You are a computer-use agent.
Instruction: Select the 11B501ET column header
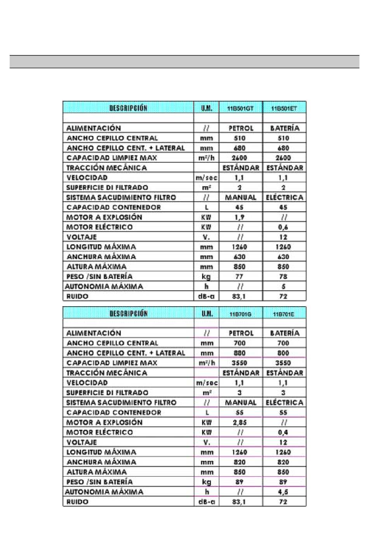284,109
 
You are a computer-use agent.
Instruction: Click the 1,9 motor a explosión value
240,217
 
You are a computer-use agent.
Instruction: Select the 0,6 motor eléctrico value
283,227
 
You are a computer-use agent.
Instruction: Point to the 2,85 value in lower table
240,422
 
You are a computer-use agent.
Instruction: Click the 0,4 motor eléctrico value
283,432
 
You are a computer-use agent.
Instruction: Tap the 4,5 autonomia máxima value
283,492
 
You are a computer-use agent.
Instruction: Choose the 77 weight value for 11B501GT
239,276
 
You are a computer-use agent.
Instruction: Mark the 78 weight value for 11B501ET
283,276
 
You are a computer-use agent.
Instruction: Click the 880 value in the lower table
240,353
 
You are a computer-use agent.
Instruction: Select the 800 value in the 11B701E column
283,353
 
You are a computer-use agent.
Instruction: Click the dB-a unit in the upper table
206,296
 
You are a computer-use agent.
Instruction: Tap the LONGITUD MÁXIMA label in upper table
101,247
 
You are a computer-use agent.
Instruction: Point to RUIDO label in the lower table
77,502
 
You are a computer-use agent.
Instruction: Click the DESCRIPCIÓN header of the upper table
128,108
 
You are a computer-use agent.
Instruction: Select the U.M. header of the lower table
207,314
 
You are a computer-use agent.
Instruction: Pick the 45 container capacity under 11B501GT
240,207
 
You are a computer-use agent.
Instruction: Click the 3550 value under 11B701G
240,363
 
